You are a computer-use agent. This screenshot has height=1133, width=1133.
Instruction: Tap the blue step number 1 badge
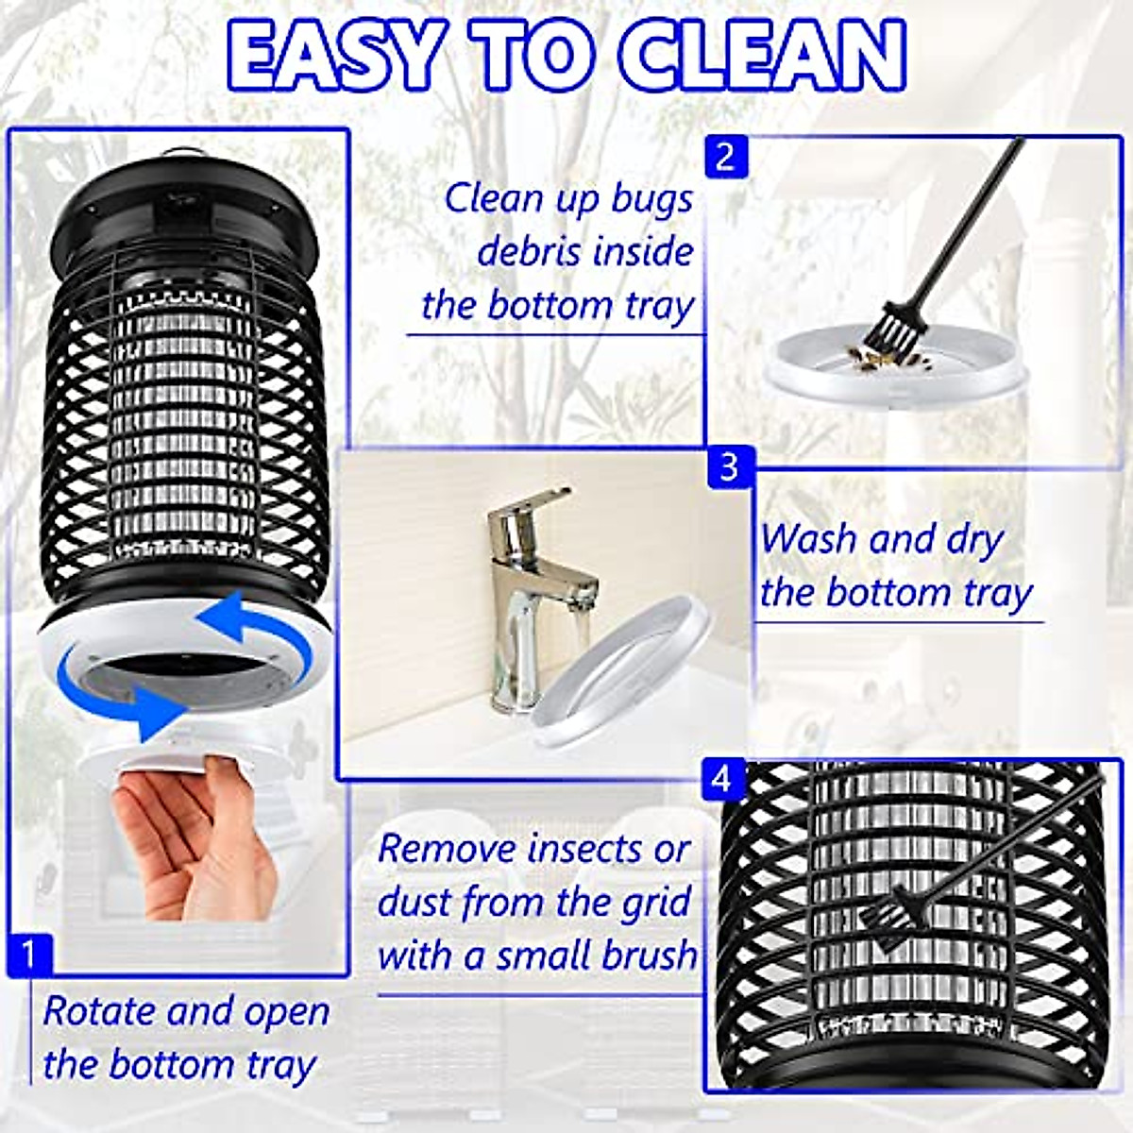click(x=28, y=955)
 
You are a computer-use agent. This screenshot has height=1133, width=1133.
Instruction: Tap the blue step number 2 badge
click(x=725, y=157)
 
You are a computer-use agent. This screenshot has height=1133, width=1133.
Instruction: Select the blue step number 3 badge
click(x=729, y=467)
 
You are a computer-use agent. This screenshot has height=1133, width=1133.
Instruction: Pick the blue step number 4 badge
click(x=722, y=780)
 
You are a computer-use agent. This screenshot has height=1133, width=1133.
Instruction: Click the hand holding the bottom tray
click(x=189, y=840)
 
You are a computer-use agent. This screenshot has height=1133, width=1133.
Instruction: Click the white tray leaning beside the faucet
click(x=623, y=680)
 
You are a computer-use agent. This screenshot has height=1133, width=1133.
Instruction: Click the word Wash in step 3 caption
click(x=808, y=540)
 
